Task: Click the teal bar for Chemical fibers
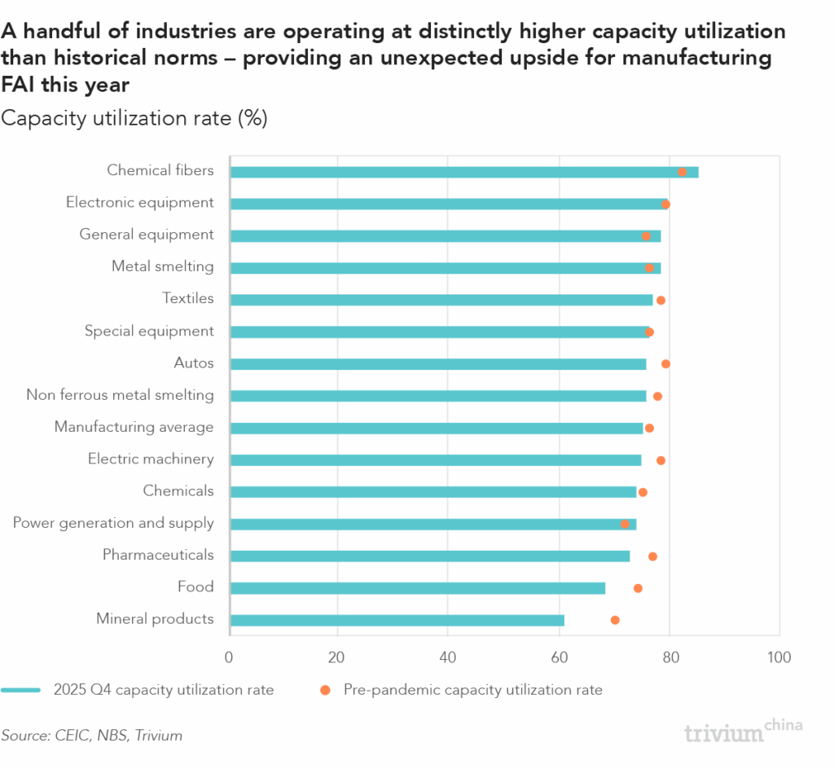coord(463,172)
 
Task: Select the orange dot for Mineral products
coord(615,620)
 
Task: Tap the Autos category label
coord(194,363)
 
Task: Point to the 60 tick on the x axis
coord(559,657)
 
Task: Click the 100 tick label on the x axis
coord(779,657)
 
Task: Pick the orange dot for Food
coord(638,588)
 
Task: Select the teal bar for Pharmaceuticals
coord(429,556)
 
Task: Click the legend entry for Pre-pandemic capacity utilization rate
coord(472,690)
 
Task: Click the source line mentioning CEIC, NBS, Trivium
coord(91,736)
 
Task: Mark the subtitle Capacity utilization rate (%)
coord(134,118)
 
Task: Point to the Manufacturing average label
coord(134,427)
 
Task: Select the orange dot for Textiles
coord(661,301)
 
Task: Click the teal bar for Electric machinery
coord(435,460)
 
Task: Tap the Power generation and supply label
coord(113,523)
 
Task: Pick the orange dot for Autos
coord(665,364)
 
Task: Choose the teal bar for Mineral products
coord(397,620)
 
